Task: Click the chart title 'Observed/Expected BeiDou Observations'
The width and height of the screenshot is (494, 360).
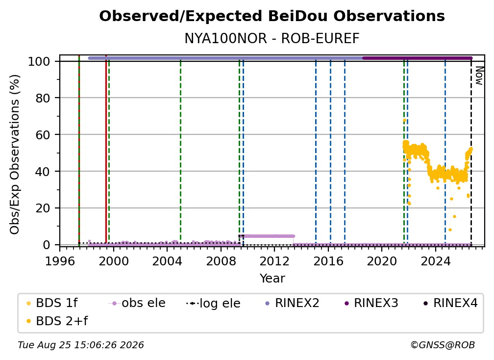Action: tap(272, 16)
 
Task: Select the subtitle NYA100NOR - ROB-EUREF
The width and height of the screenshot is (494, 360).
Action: tap(272, 38)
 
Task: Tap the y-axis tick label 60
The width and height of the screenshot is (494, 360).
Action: tap(43, 135)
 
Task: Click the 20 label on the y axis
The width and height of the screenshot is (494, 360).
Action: tap(43, 208)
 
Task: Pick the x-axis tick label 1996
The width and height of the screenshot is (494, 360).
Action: tap(60, 261)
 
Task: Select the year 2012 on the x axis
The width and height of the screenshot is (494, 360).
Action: tap(274, 261)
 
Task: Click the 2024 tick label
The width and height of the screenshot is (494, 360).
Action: tap(435, 261)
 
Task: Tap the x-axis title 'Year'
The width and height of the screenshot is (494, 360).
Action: tap(272, 279)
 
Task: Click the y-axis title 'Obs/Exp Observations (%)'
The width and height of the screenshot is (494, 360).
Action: tap(15, 154)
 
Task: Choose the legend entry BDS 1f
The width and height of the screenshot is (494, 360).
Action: tap(52, 303)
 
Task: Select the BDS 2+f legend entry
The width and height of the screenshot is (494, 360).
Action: tap(57, 321)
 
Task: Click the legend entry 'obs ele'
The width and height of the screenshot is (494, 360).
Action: tap(137, 303)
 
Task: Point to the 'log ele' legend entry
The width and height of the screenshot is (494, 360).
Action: tap(213, 303)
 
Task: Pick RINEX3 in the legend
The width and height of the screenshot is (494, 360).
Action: tap(371, 303)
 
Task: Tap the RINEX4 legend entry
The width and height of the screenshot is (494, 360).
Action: tap(451, 303)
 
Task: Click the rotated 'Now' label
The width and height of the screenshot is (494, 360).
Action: tap(479, 76)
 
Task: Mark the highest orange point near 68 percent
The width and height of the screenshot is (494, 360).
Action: tap(404, 121)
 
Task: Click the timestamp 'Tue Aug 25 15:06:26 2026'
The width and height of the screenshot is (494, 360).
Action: tap(81, 345)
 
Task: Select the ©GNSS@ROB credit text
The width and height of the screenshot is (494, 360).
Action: tap(443, 345)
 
